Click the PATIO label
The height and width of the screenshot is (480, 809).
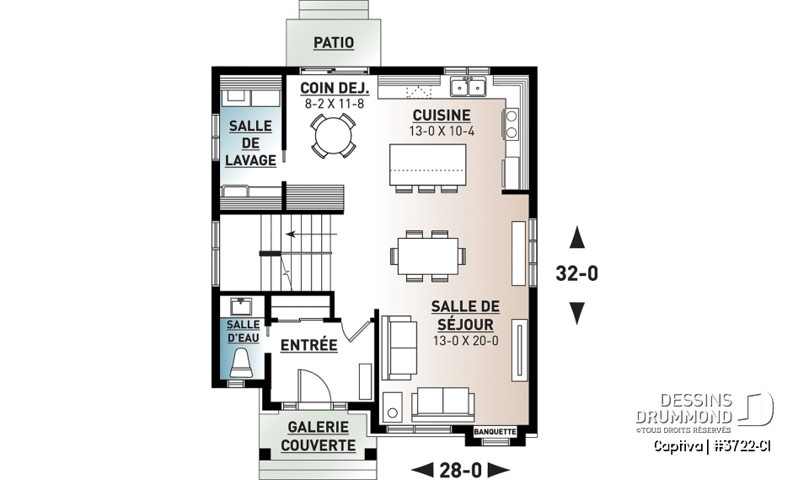pyautogui.click(x=334, y=43)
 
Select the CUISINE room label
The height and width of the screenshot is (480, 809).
pyautogui.click(x=441, y=116)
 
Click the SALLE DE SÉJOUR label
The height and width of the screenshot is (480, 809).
pyautogui.click(x=462, y=316)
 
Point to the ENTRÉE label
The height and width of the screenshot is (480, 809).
pyautogui.click(x=308, y=345)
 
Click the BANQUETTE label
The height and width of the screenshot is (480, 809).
pyautogui.click(x=495, y=432)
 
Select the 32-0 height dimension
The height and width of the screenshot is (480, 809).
pyautogui.click(x=577, y=274)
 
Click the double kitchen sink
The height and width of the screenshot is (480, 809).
pyautogui.click(x=469, y=86)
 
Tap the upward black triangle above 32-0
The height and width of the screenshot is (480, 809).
pyautogui.click(x=577, y=239)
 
